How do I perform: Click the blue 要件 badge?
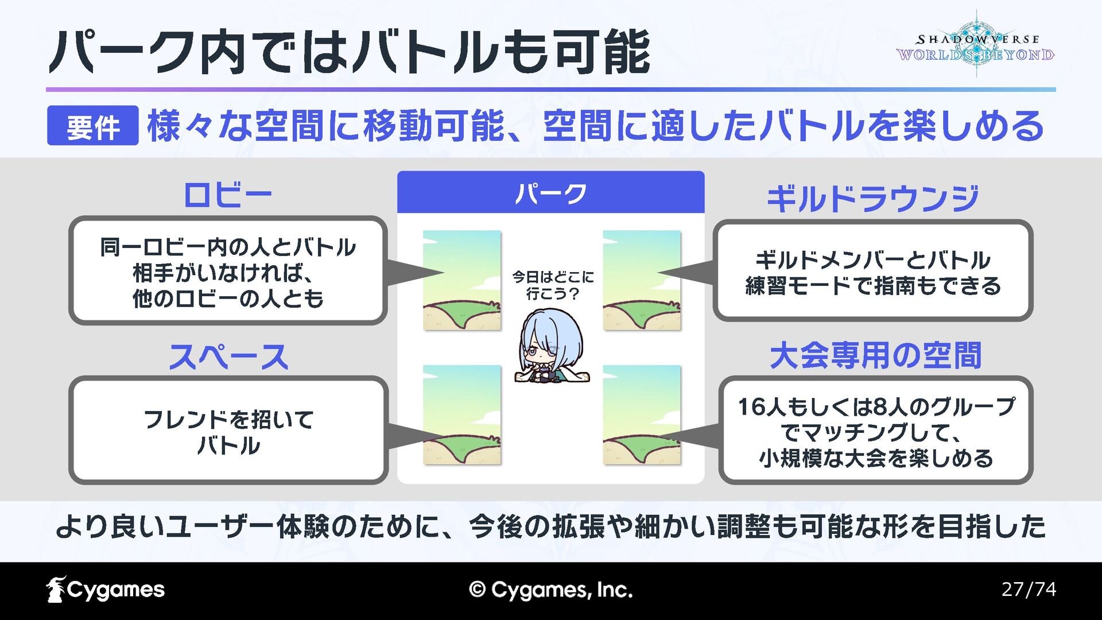point(92,126)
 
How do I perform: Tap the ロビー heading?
point(227,196)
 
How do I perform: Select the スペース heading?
point(228,357)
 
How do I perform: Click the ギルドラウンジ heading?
point(872,199)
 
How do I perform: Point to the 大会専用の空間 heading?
point(875,356)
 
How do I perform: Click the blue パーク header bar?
point(550,193)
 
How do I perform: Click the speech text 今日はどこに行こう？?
point(553,285)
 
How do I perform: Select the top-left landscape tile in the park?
point(462,280)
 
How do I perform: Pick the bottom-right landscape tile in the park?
point(642,414)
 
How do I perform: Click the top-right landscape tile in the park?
point(642,280)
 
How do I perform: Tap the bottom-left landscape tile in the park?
point(462,414)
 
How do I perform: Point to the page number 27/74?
point(1029,589)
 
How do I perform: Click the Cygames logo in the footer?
point(106,590)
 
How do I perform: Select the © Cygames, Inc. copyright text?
point(550,590)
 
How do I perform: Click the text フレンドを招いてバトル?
point(228,432)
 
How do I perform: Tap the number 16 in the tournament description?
point(751,407)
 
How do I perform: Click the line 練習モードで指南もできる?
point(872,286)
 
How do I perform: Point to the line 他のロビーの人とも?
point(228,299)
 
